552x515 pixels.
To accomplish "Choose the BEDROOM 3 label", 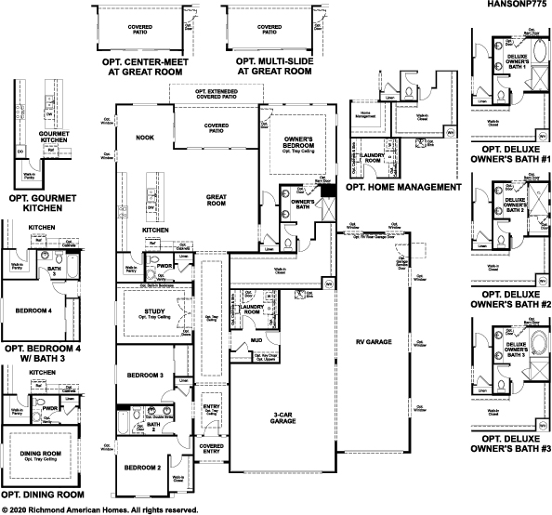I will pyautogui.click(x=146, y=375).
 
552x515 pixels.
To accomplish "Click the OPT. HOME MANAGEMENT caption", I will pyautogui.click(x=402, y=187).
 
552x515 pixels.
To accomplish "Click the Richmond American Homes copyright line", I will pyautogui.click(x=99, y=509).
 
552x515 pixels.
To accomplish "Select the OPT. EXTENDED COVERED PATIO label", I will pyautogui.click(x=216, y=93).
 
